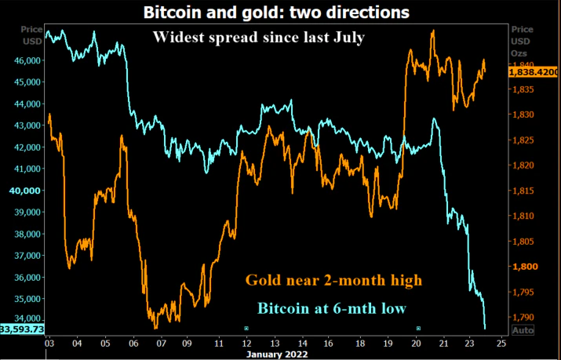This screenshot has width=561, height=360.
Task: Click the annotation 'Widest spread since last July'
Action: click(x=258, y=37)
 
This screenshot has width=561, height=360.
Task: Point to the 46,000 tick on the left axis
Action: click(x=27, y=60)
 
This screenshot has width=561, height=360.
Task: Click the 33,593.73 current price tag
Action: click(x=21, y=329)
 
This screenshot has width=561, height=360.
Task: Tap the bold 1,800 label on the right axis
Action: click(x=524, y=267)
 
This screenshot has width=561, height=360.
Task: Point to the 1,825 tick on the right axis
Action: click(x=524, y=140)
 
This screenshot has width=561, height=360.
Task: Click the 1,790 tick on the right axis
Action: click(x=524, y=317)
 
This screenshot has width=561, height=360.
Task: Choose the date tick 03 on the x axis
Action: click(x=49, y=344)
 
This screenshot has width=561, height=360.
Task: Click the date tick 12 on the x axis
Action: click(x=246, y=344)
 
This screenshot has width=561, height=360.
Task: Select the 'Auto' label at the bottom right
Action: click(x=523, y=331)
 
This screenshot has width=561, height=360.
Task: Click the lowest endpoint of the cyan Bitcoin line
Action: click(x=485, y=329)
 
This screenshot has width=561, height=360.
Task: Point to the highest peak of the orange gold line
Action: click(x=433, y=31)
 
